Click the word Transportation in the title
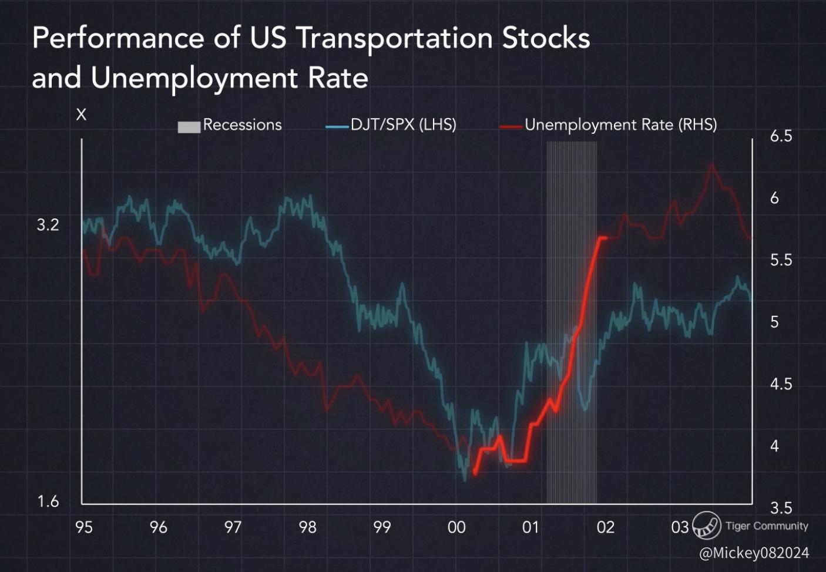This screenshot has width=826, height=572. click(394, 39)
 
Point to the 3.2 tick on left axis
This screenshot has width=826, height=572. click(48, 225)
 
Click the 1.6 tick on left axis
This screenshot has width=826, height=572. click(48, 501)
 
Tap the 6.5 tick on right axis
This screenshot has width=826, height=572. click(781, 136)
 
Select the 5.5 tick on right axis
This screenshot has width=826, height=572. click(781, 260)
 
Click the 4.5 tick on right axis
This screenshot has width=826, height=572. click(781, 384)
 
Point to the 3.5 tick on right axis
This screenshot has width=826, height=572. click(781, 508)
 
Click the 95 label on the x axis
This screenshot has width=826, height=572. click(84, 527)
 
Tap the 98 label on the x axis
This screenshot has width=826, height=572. click(307, 527)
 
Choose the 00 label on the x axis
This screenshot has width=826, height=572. click(456, 527)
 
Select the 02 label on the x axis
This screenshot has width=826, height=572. click(606, 527)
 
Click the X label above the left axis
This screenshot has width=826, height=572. click(81, 115)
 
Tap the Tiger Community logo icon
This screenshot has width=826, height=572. click(706, 525)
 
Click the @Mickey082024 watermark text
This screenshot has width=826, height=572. click(754, 553)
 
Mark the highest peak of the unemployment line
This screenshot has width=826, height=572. click(711, 164)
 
